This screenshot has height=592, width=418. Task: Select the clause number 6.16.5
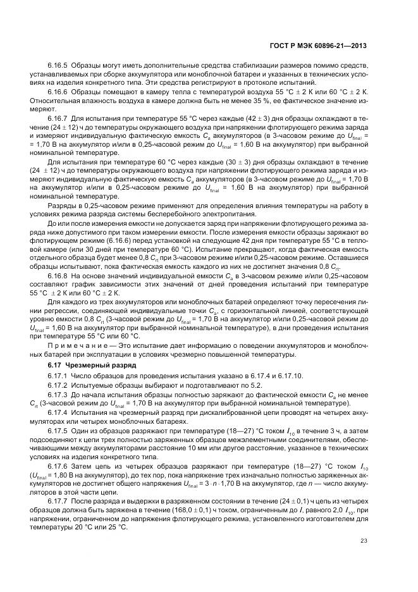pyautogui.click(x=58, y=66)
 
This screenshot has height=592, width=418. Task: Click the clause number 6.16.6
pyautogui.click(x=58, y=92)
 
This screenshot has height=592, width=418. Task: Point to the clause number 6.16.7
pyautogui.click(x=58, y=118)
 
